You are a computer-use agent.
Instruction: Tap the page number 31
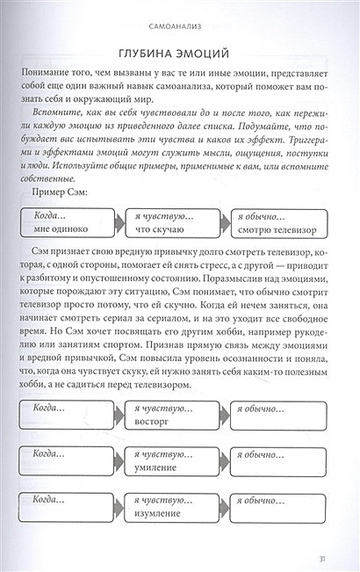326,555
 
